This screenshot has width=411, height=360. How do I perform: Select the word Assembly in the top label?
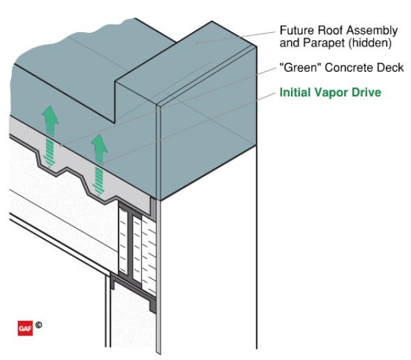click(374, 31)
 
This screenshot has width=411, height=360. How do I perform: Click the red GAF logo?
click(24, 326)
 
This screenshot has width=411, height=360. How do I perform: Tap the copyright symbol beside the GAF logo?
click(39, 324)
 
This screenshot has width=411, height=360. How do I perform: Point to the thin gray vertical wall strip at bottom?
click(160, 293)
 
